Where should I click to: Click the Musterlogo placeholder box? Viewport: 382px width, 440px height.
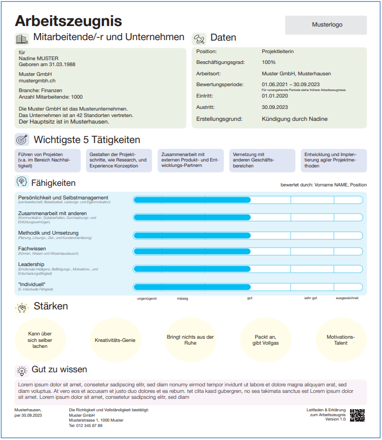click(326, 25)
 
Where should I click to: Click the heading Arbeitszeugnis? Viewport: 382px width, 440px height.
click(68, 21)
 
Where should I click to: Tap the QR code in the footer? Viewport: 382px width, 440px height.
click(357, 416)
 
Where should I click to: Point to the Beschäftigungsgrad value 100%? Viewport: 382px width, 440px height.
click(268, 63)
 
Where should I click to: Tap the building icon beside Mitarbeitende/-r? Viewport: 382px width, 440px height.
click(22, 38)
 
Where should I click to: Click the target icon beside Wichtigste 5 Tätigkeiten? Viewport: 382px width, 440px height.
click(22, 140)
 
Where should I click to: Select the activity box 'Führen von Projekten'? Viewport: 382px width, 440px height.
click(48, 160)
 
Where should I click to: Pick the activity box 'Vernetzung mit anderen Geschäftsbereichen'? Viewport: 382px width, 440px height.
click(262, 160)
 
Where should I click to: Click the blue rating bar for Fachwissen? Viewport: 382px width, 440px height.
click(192, 251)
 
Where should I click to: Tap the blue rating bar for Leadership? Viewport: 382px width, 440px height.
click(192, 269)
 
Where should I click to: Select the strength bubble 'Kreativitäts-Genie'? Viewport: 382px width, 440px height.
click(115, 340)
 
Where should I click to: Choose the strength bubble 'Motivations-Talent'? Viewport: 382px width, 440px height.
click(341, 340)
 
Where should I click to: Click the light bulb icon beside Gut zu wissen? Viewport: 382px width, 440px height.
click(22, 370)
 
